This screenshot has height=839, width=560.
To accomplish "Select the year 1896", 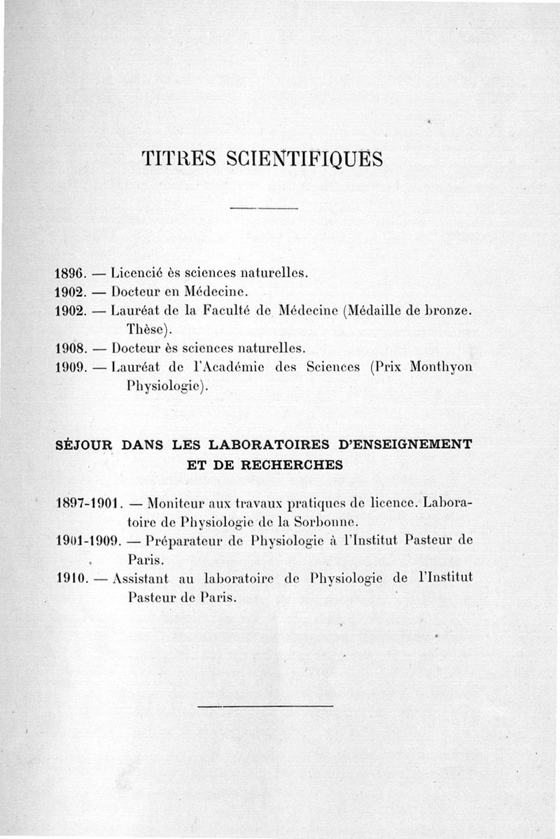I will [x=69, y=273].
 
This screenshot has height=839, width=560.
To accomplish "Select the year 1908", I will [x=69, y=347].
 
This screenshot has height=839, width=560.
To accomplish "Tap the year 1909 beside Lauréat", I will [x=69, y=366].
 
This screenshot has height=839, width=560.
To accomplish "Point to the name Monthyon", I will [x=440, y=366].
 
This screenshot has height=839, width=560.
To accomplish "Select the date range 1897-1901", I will [x=89, y=502].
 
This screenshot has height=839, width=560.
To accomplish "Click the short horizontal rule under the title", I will [x=264, y=208].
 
